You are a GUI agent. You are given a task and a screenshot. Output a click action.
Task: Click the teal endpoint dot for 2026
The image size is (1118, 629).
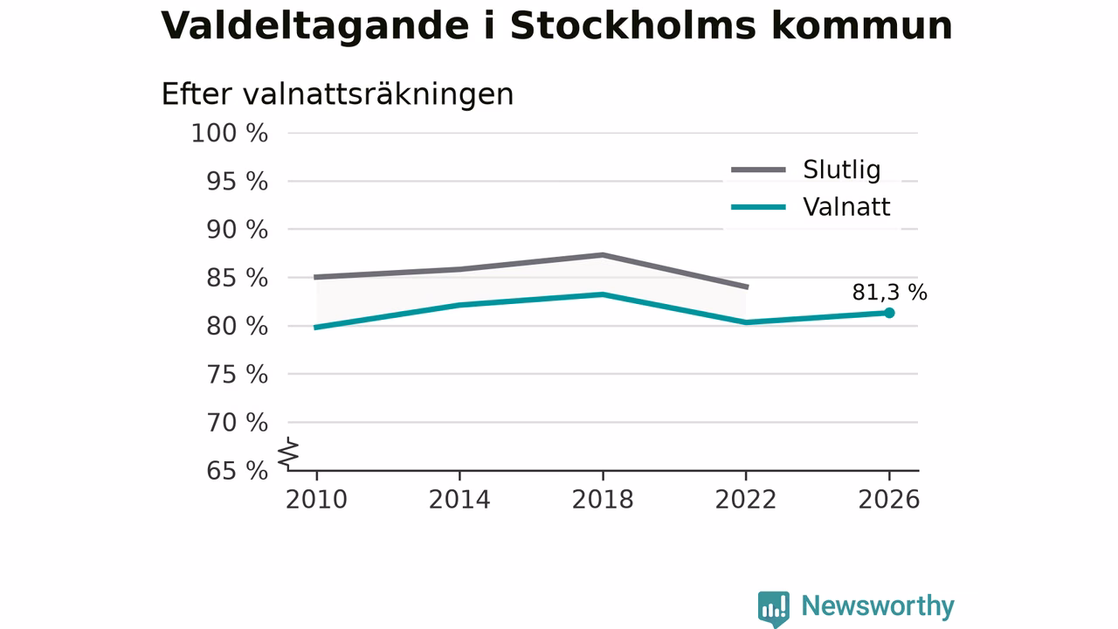click(889, 313)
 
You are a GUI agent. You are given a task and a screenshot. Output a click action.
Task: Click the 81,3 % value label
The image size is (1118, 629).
click(889, 293)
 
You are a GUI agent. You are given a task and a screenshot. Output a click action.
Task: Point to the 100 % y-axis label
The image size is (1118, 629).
click(230, 134)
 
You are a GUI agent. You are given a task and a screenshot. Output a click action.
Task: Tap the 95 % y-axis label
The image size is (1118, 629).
click(237, 182)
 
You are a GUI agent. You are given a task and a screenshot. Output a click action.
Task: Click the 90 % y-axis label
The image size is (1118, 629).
click(237, 230)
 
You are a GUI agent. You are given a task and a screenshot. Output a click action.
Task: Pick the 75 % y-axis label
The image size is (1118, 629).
click(237, 375)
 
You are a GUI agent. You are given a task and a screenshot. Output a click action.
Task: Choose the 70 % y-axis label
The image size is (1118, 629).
click(237, 423)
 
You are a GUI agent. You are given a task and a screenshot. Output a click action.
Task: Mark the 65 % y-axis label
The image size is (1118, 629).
click(237, 471)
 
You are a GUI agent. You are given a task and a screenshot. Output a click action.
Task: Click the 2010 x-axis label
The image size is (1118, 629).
click(316, 500)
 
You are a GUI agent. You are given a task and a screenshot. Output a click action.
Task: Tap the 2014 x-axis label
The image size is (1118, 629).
click(459, 500)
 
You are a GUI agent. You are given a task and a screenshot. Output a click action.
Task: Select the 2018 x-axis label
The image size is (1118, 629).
click(603, 500)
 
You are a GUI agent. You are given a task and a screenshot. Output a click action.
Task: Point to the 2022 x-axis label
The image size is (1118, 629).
click(746, 500)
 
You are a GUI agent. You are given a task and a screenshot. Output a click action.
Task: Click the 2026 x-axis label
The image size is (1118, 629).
click(888, 500)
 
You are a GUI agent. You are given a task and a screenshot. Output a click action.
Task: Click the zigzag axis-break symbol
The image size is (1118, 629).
click(288, 453)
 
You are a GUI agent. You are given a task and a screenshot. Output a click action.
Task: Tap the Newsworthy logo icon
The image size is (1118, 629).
click(774, 608)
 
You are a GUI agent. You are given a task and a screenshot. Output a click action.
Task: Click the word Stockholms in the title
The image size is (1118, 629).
click(633, 26)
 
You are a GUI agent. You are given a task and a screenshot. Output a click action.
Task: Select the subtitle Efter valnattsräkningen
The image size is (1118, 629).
click(337, 94)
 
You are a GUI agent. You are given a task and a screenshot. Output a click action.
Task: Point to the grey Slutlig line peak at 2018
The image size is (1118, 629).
click(603, 255)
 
